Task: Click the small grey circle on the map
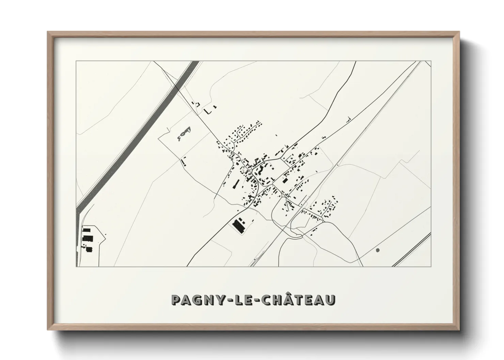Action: pos(377,250)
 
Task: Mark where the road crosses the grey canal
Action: pos(177,89)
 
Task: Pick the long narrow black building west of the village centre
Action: pos(234,184)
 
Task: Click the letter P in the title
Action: pos(177,300)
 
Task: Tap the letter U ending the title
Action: pos(330,300)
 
